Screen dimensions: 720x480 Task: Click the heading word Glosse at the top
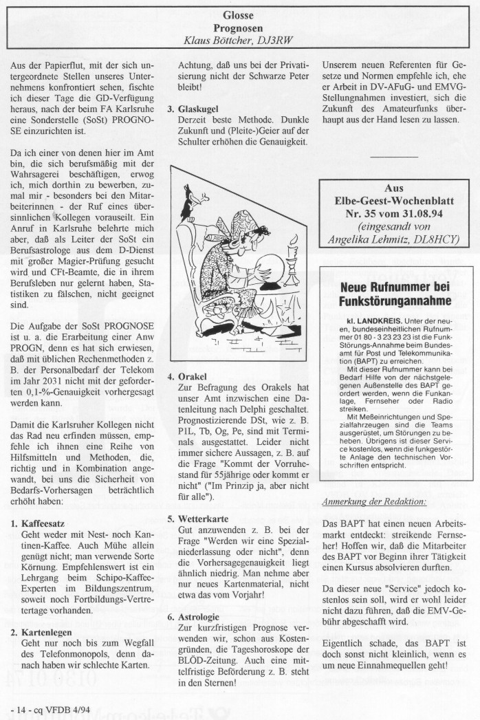pyautogui.click(x=239, y=14)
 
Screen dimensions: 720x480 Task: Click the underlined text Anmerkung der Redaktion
pyautogui.click(x=373, y=501)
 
